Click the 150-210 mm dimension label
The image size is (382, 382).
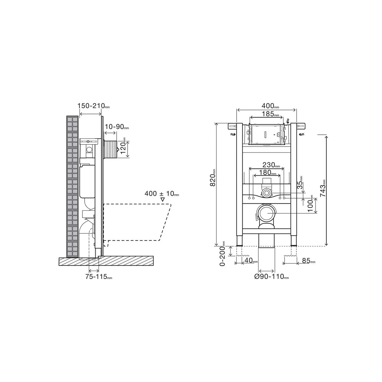click(93, 106)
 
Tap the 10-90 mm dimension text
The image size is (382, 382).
click(117, 127)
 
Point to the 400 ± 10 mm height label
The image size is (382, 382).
click(161, 193)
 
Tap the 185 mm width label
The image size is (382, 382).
click(270, 114)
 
